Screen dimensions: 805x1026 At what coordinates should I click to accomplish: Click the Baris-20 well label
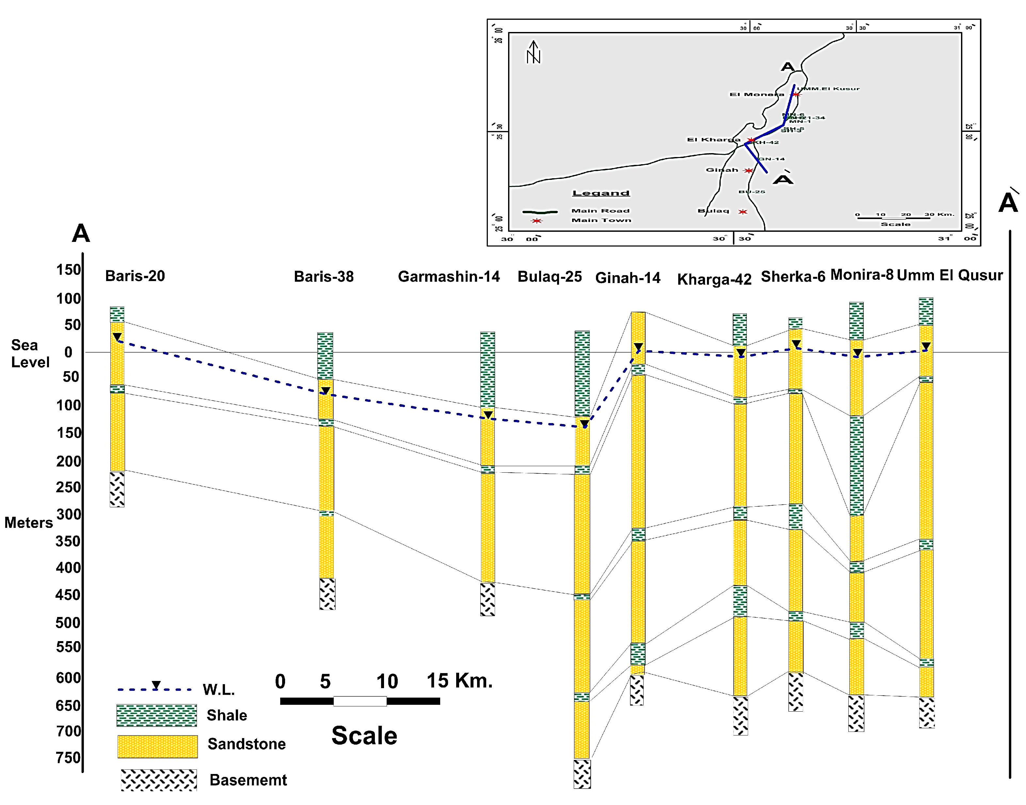[135, 276]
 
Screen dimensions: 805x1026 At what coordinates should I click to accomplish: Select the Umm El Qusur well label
[950, 275]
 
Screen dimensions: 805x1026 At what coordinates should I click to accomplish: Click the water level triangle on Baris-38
[325, 391]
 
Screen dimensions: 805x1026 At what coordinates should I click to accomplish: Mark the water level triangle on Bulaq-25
[584, 423]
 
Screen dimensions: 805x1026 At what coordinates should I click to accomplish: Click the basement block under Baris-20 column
[117, 489]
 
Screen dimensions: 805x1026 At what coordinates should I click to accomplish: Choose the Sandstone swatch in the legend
[157, 747]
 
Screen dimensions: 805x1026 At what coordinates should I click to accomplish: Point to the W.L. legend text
[219, 690]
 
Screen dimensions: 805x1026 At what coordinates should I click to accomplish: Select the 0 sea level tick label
[68, 352]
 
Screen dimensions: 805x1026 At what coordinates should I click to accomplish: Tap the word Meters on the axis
[29, 523]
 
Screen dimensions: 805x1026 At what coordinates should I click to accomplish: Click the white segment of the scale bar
[360, 701]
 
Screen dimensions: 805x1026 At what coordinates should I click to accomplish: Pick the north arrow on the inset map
[533, 52]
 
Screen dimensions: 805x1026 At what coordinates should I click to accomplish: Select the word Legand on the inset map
[601, 193]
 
